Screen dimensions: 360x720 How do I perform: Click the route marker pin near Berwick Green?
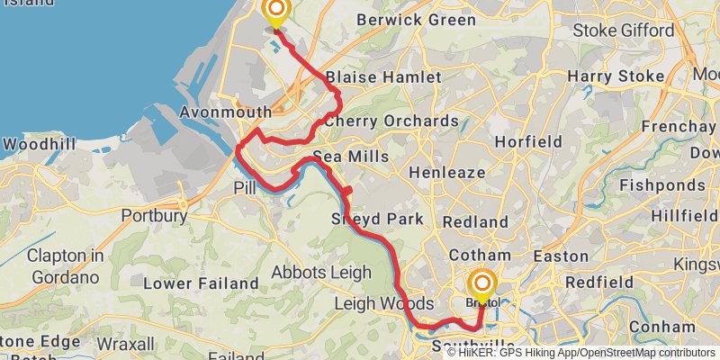click(276, 12)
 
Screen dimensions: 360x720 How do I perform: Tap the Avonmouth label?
click(226, 112)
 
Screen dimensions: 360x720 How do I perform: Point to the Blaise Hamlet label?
click(383, 77)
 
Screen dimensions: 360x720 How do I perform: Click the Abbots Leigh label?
click(321, 272)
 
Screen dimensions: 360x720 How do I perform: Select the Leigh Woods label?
click(383, 304)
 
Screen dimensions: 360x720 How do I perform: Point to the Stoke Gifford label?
click(624, 31)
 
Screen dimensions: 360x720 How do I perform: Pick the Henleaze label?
click(447, 171)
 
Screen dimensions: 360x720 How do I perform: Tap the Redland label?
click(476, 220)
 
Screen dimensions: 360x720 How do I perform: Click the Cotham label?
click(487, 256)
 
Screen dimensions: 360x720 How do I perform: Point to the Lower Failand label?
click(188, 283)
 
